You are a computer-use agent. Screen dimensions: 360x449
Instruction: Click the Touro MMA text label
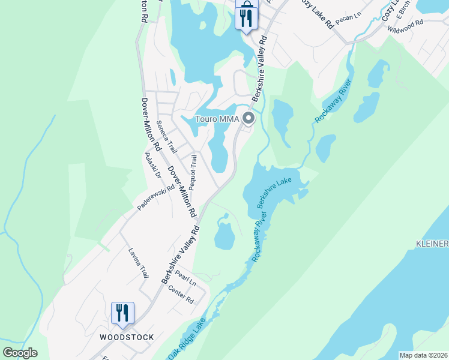[x=217, y=119]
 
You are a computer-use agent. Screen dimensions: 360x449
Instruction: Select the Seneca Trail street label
[x=166, y=137]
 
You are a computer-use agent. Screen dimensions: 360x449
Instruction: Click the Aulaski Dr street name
[x=154, y=166]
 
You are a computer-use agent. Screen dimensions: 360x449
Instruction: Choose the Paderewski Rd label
[x=155, y=196]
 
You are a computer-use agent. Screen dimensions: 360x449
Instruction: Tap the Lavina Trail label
[x=138, y=263]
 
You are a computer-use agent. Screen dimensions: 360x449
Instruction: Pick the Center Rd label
[x=181, y=295]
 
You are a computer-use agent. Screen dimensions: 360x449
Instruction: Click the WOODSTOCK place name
[x=127, y=337]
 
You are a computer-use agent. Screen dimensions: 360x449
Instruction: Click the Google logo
[x=20, y=353]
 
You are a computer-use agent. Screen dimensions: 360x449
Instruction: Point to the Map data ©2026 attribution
[x=424, y=355]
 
